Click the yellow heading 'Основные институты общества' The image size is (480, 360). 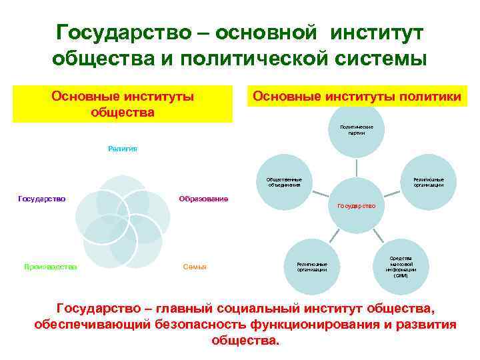coord(123,104)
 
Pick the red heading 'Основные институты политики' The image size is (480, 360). coord(356,97)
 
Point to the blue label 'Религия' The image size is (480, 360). coord(123,149)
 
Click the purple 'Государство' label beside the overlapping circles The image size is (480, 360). coord(41,199)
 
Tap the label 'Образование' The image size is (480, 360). coord(204,199)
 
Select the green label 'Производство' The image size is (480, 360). coord(51,267)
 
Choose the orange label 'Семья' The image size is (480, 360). coord(194,267)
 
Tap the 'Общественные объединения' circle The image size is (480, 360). coord(284,183)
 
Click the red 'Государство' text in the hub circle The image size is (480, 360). coord(357,206)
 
